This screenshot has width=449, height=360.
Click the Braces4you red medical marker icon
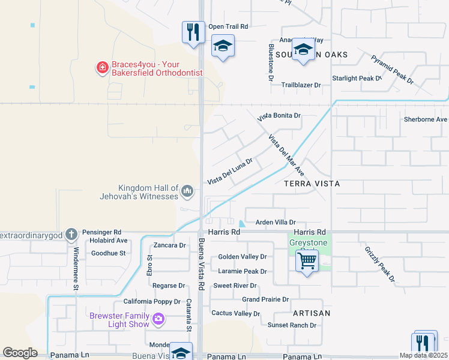(x=102, y=67)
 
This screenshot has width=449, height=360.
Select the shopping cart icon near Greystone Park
(x=307, y=262)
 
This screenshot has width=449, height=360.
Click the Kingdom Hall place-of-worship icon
(x=187, y=191)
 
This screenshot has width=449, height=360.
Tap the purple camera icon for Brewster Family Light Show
(x=158, y=319)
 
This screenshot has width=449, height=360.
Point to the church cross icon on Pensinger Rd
(x=71, y=234)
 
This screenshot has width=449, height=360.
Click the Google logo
(x=20, y=353)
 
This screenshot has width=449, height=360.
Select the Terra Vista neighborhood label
(x=312, y=184)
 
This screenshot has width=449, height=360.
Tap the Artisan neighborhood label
(x=312, y=313)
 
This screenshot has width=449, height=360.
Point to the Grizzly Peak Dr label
(x=379, y=264)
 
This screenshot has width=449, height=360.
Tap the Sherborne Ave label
(x=426, y=119)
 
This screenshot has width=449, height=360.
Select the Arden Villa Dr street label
(x=276, y=222)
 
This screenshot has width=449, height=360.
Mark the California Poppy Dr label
(x=152, y=302)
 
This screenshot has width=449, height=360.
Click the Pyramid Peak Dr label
(x=392, y=69)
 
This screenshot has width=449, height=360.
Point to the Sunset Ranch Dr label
(x=292, y=325)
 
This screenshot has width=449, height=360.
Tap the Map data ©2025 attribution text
(x=424, y=355)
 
